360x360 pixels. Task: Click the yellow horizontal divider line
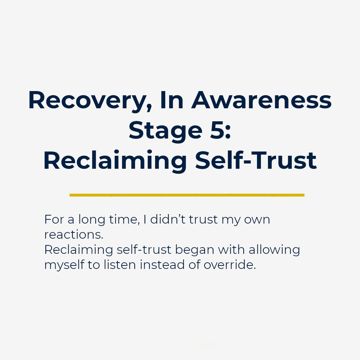[x=187, y=195]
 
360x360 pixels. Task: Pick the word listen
[x=120, y=265]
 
